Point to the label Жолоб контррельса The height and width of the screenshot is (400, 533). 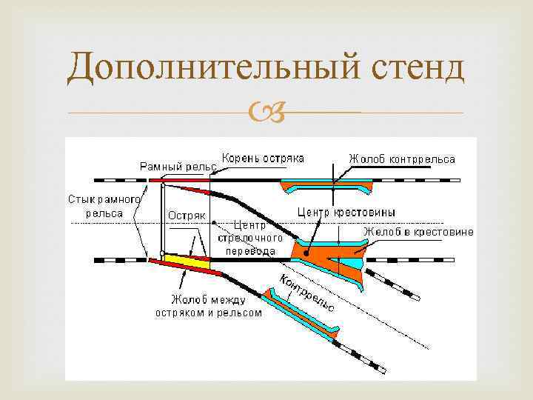click(x=402, y=159)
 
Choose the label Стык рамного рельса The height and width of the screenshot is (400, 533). click(x=104, y=206)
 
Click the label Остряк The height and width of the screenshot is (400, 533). click(x=187, y=216)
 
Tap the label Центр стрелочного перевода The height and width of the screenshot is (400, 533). click(x=247, y=237)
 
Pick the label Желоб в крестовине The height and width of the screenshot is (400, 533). click(x=418, y=232)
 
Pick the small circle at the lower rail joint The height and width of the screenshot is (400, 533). click(x=162, y=254)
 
